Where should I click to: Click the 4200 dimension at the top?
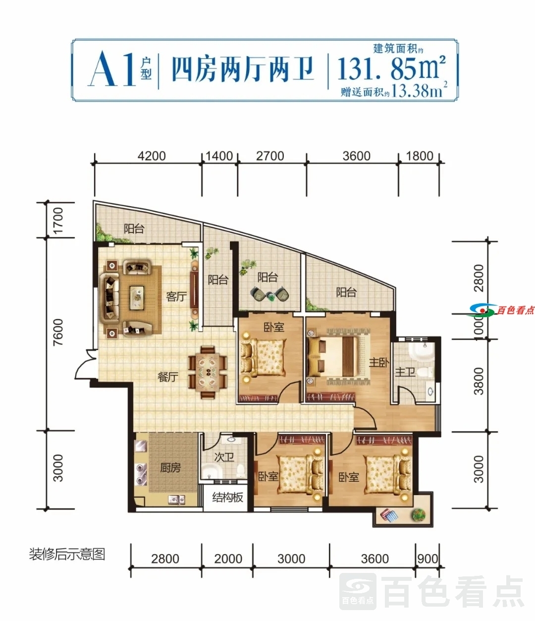pos(152,156)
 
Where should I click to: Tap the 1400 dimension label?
pos(219,156)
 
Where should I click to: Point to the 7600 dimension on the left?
pos(58,332)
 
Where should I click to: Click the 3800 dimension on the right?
pos(479,381)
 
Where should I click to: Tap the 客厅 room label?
pos(176,297)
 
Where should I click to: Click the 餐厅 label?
pos(168,377)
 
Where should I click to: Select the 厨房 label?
pos(170,468)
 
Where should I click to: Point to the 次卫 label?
pos(224,457)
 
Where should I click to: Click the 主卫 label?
pos(405,372)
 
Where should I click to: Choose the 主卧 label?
pos(379,363)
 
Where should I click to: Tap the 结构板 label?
pos(227,497)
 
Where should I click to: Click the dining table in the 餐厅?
pos(208,373)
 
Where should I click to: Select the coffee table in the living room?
pos(137,298)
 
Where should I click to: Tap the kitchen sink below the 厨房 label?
pos(176,500)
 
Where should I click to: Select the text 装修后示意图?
pos(67,554)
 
